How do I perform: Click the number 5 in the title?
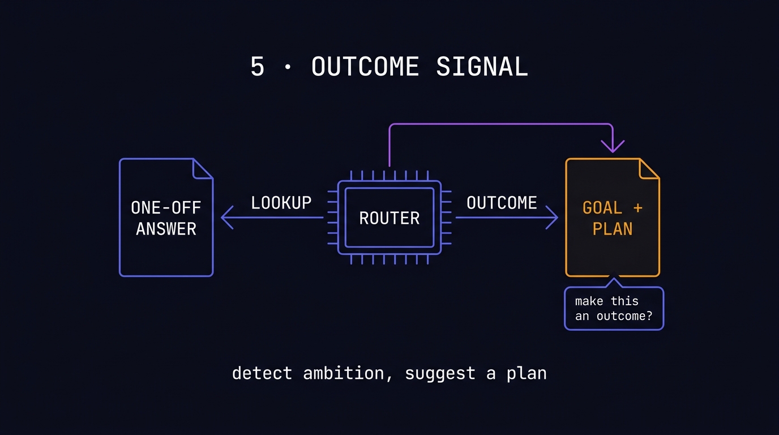[x=258, y=67]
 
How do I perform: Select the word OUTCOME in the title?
[x=365, y=67]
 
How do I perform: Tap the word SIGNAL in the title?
[x=482, y=67]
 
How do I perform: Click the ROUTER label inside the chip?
[x=389, y=218]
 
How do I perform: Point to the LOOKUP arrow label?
[x=281, y=203]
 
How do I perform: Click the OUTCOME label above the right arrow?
[x=502, y=203]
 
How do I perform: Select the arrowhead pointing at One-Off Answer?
[x=226, y=217]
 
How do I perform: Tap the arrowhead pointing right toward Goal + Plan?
[x=552, y=217]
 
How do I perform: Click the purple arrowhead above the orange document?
[x=613, y=146]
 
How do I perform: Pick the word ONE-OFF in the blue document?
[x=166, y=208]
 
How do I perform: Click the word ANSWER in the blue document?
[x=166, y=229]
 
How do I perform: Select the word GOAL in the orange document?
[x=602, y=208]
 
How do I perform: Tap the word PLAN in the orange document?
[x=613, y=229]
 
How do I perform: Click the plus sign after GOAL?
[x=638, y=208]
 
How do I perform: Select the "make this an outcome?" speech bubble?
[x=614, y=308]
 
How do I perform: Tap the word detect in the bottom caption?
[x=262, y=373]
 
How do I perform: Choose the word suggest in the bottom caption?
[x=440, y=373]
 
